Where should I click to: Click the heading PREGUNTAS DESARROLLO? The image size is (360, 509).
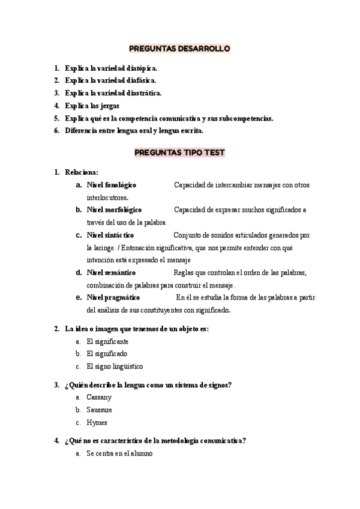click(180, 49)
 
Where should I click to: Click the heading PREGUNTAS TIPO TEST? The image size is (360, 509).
click(180, 152)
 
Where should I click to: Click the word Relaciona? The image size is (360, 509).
click(82, 172)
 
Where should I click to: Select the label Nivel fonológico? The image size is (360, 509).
click(112, 185)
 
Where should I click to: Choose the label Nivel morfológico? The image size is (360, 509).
click(114, 210)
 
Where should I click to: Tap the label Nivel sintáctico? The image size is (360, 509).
click(110, 235)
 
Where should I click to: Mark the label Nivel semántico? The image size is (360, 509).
click(111, 273)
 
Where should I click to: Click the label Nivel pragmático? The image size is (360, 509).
click(113, 298)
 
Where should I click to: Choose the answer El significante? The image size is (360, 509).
click(107, 341)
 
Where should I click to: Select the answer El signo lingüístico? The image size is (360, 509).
click(115, 366)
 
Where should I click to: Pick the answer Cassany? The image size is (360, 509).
click(99, 397)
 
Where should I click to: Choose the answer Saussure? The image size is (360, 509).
click(100, 410)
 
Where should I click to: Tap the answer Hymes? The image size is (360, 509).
click(97, 423)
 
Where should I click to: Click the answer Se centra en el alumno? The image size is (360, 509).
click(119, 454)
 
